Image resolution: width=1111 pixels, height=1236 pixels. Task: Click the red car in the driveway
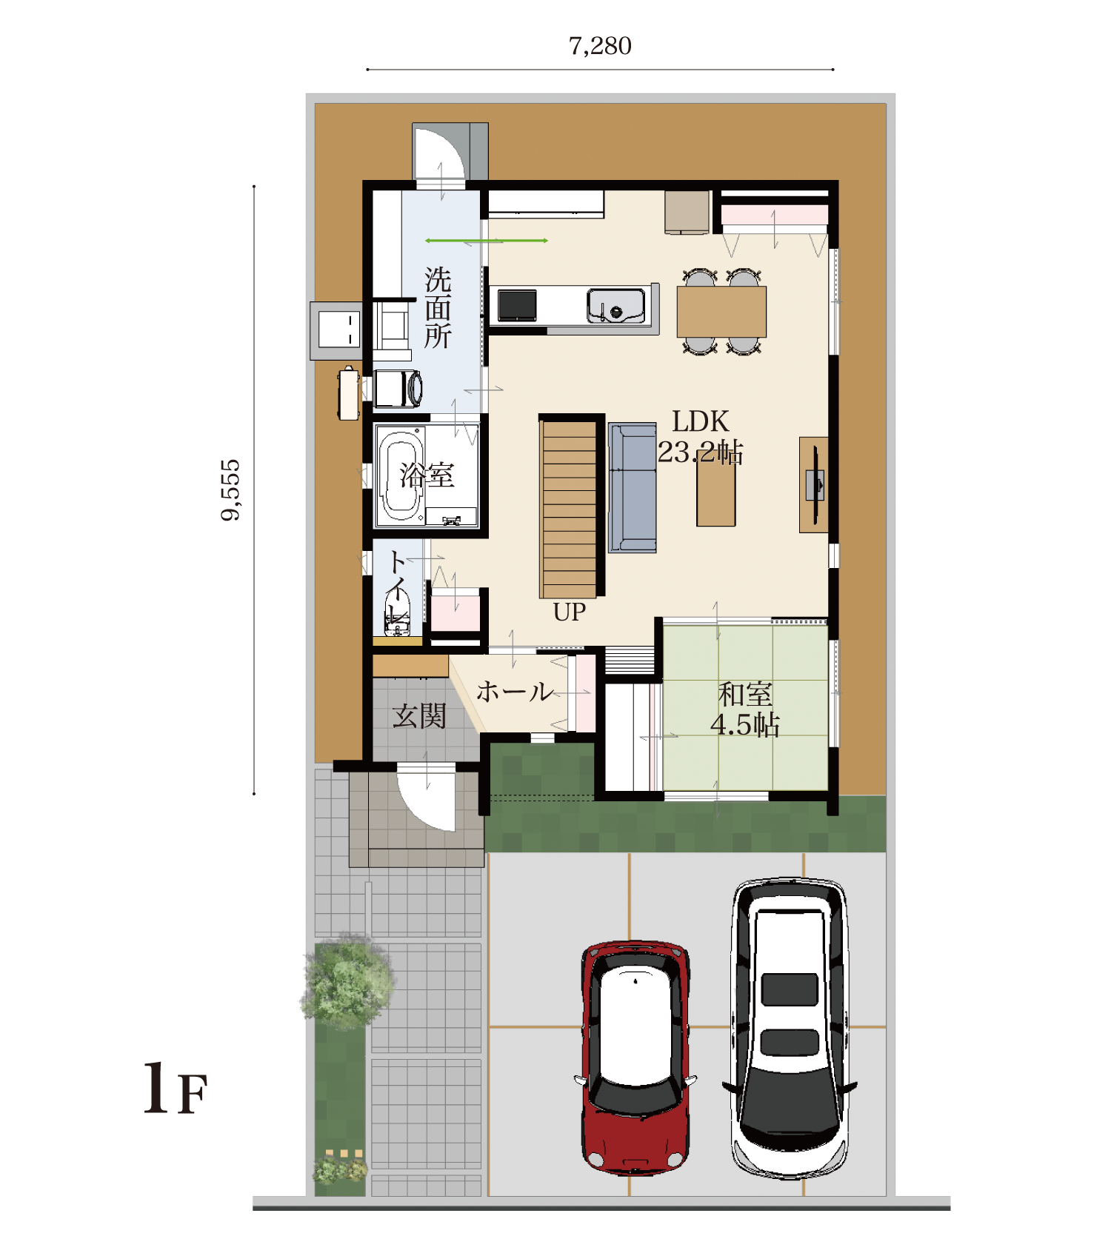(x=635, y=1058)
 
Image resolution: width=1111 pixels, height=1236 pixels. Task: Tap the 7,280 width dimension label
(x=600, y=46)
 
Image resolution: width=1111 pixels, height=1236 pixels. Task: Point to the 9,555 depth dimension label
(x=230, y=490)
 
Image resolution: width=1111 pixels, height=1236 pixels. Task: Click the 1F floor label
(x=175, y=1089)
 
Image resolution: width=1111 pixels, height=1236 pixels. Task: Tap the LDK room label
(x=701, y=421)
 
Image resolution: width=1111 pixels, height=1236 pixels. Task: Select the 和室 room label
(x=745, y=695)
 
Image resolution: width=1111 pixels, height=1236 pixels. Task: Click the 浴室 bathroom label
(x=427, y=475)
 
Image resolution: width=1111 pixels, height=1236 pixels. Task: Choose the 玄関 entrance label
(x=419, y=716)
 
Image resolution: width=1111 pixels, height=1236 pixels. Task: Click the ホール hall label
(x=514, y=692)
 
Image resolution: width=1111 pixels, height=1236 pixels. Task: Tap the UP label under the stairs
(x=569, y=612)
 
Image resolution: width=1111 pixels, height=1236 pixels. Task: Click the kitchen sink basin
(x=615, y=306)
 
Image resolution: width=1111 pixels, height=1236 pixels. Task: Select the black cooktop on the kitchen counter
(x=517, y=305)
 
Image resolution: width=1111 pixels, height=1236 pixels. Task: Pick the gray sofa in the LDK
(x=632, y=487)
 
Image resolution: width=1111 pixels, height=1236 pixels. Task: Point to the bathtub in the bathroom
(x=401, y=475)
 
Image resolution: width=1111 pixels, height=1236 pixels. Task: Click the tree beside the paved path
(x=347, y=982)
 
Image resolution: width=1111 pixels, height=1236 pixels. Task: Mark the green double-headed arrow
(x=487, y=241)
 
